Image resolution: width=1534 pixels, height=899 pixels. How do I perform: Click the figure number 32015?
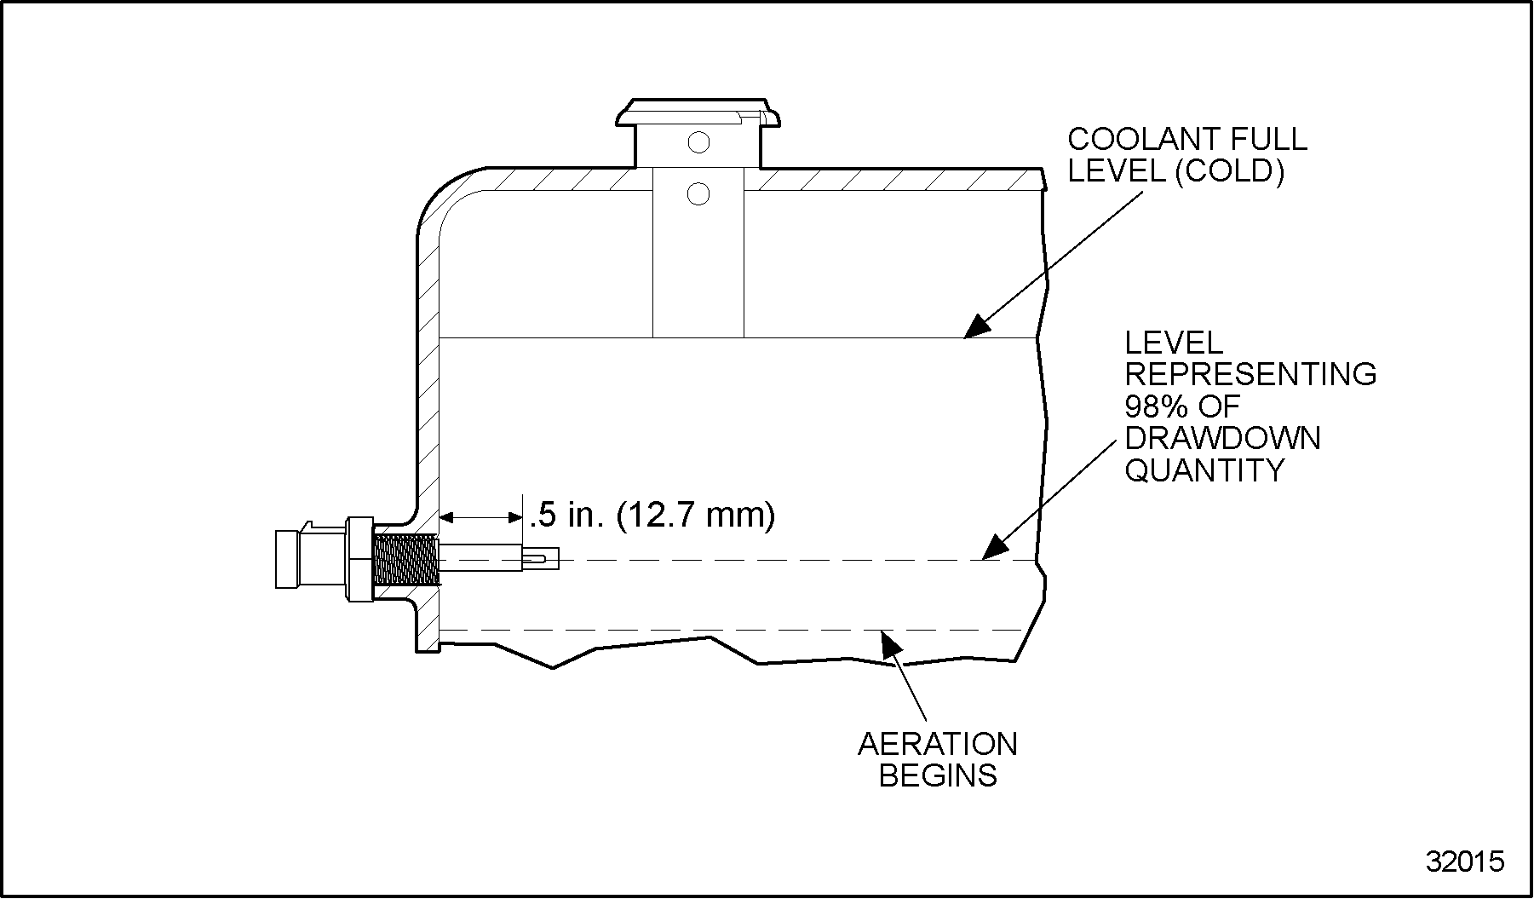pos(1465,862)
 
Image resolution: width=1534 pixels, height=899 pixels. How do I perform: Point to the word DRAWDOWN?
pos(1223,438)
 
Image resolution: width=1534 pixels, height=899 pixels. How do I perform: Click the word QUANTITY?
pos(1205,470)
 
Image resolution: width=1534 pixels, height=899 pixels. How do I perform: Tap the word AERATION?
pos(938,744)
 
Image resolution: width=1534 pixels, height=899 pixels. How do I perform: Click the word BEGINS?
pos(938,776)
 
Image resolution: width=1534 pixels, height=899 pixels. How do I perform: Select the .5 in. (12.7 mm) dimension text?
pos(652,515)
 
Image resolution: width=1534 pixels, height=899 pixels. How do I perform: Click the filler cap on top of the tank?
pos(698,114)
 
